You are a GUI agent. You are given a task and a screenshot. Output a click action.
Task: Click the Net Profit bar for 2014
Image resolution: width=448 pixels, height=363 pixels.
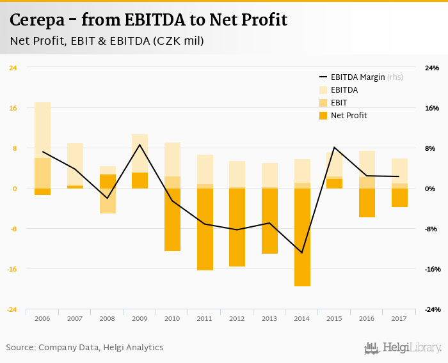coord(303,237)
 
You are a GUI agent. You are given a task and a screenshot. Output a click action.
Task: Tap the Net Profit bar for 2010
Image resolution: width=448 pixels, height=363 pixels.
coord(172,220)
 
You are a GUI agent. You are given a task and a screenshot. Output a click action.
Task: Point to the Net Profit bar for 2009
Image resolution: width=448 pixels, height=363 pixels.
coord(140,181)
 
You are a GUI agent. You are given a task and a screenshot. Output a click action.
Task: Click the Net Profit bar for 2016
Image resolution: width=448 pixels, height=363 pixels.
coord(367,203)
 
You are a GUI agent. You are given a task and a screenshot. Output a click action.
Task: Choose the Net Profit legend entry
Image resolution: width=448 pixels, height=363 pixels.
coord(349,116)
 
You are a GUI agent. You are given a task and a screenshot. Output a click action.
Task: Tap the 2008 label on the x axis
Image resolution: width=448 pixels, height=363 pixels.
coord(108,318)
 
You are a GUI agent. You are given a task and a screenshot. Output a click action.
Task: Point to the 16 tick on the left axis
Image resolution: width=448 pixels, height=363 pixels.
coord(13,108)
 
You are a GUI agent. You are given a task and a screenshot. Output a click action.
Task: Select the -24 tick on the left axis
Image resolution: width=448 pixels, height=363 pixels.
coord(12,309)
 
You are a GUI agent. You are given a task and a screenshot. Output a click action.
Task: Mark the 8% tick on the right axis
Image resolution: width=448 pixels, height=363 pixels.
coord(430,148)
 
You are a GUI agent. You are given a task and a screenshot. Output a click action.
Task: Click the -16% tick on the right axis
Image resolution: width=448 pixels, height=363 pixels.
coord(431,269)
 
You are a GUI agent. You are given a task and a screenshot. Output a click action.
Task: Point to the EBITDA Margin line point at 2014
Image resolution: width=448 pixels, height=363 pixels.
coord(303,252)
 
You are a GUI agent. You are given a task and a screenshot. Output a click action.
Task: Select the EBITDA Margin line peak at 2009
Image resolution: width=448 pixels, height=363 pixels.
coord(140,144)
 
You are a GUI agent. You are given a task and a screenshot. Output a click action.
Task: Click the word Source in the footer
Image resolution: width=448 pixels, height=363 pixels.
coord(20,348)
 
